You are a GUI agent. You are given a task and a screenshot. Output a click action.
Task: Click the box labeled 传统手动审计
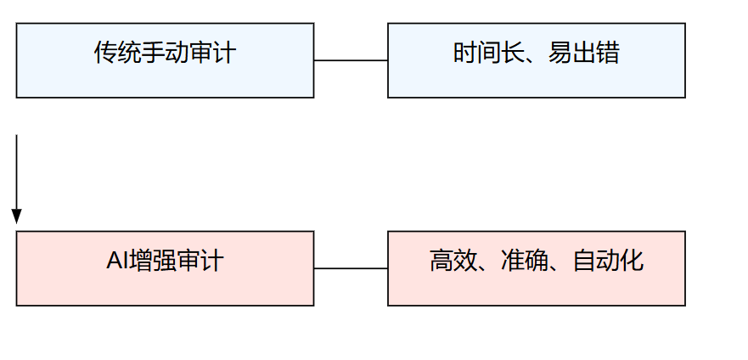point(165,60)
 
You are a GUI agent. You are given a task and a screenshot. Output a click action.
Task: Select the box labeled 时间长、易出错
point(537,60)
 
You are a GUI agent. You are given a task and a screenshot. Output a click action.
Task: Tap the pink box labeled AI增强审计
point(165,268)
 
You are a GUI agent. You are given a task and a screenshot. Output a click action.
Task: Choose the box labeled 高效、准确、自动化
point(537,268)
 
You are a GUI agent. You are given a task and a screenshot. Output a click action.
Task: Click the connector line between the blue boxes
point(351,60)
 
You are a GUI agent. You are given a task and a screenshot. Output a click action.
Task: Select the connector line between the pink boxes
point(351,268)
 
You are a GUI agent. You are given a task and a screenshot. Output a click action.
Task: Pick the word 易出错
point(584,53)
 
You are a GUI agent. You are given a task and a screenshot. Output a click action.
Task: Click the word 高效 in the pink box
point(453,261)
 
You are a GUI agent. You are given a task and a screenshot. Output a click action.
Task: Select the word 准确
point(524,261)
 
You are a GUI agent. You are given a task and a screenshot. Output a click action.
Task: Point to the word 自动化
point(608,261)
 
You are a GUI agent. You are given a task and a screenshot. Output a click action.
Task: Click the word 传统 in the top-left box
point(117,53)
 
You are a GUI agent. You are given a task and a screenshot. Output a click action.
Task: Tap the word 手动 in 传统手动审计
point(165,53)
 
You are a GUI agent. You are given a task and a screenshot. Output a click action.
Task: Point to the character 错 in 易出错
point(608,53)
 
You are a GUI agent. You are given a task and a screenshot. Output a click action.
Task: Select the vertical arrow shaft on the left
point(17,172)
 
